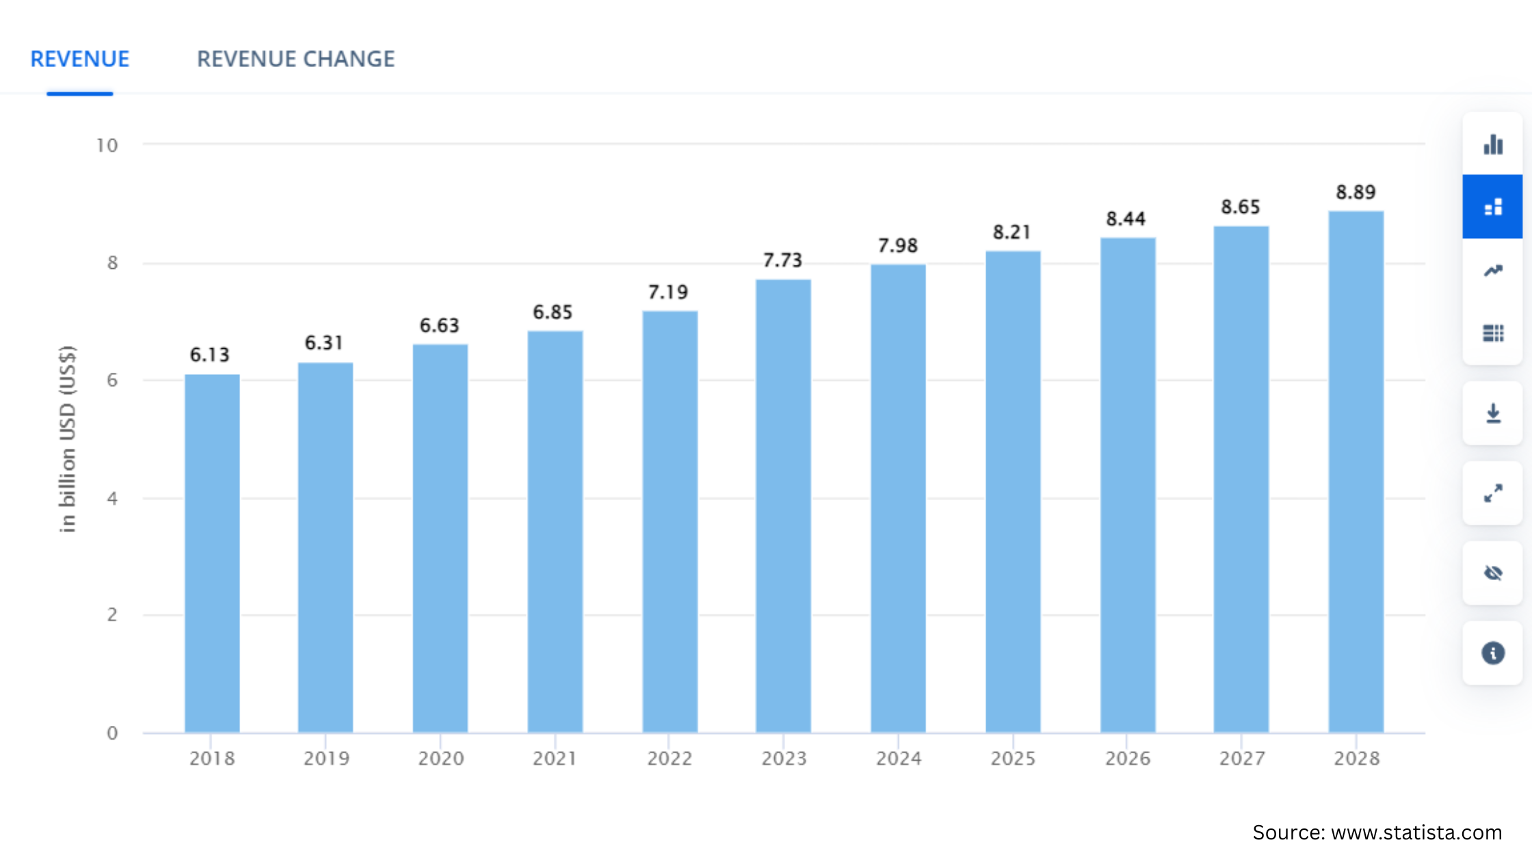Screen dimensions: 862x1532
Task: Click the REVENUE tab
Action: click(x=80, y=60)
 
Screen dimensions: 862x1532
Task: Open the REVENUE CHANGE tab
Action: click(x=295, y=60)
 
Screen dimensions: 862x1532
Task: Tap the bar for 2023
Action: click(x=783, y=506)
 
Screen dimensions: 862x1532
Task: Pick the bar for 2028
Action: click(x=1356, y=472)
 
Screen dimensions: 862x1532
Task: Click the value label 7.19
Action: click(x=668, y=293)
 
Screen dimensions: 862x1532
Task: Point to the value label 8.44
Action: click(x=1126, y=220)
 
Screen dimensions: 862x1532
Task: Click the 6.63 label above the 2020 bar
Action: click(x=439, y=326)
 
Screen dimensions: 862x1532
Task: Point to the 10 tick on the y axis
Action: click(x=107, y=146)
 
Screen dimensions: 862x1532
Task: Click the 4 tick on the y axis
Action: click(x=112, y=499)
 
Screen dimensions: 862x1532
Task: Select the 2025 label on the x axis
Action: click(x=1013, y=759)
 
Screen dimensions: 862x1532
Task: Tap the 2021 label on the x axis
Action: click(x=555, y=759)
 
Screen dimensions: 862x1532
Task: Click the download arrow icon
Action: click(x=1493, y=413)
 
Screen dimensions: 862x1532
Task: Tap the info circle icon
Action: click(x=1493, y=653)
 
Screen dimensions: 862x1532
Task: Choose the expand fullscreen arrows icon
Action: click(x=1493, y=493)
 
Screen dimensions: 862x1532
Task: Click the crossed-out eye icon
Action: click(x=1493, y=573)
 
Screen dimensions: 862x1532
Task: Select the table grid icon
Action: click(x=1493, y=333)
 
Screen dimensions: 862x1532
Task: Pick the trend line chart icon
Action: click(x=1493, y=271)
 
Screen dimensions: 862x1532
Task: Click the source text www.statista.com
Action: click(x=1377, y=833)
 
